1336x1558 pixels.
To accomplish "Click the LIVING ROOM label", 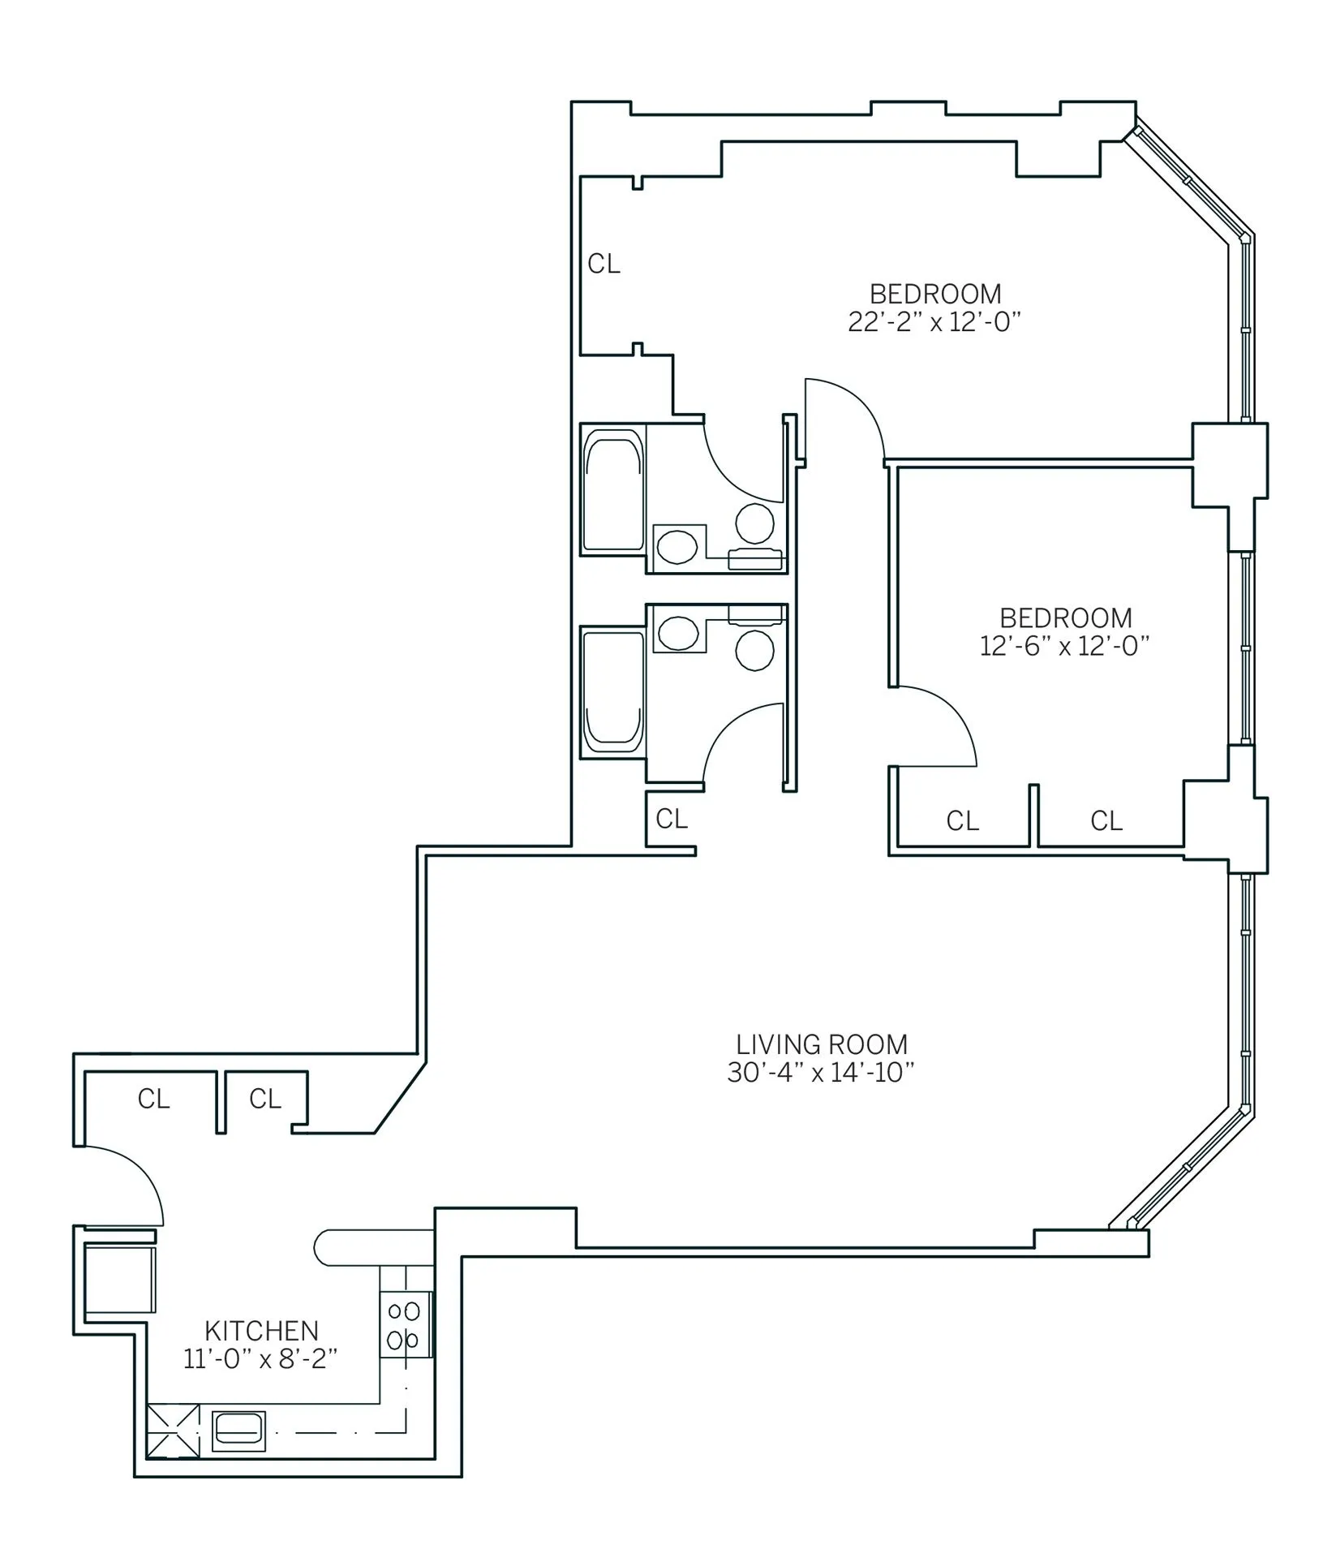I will [821, 1044].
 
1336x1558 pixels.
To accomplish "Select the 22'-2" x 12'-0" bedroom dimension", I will [933, 322].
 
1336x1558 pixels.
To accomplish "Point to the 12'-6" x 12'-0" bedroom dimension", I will [1064, 646].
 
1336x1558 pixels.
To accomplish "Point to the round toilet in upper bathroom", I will [754, 523].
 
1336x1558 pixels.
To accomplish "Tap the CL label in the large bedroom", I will [604, 264].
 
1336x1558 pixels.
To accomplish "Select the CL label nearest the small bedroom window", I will [1106, 820].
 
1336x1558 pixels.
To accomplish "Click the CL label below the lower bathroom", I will [672, 819].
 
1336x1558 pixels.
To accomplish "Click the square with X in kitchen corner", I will [173, 1431].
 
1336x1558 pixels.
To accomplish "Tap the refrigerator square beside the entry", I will [119, 1280].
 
